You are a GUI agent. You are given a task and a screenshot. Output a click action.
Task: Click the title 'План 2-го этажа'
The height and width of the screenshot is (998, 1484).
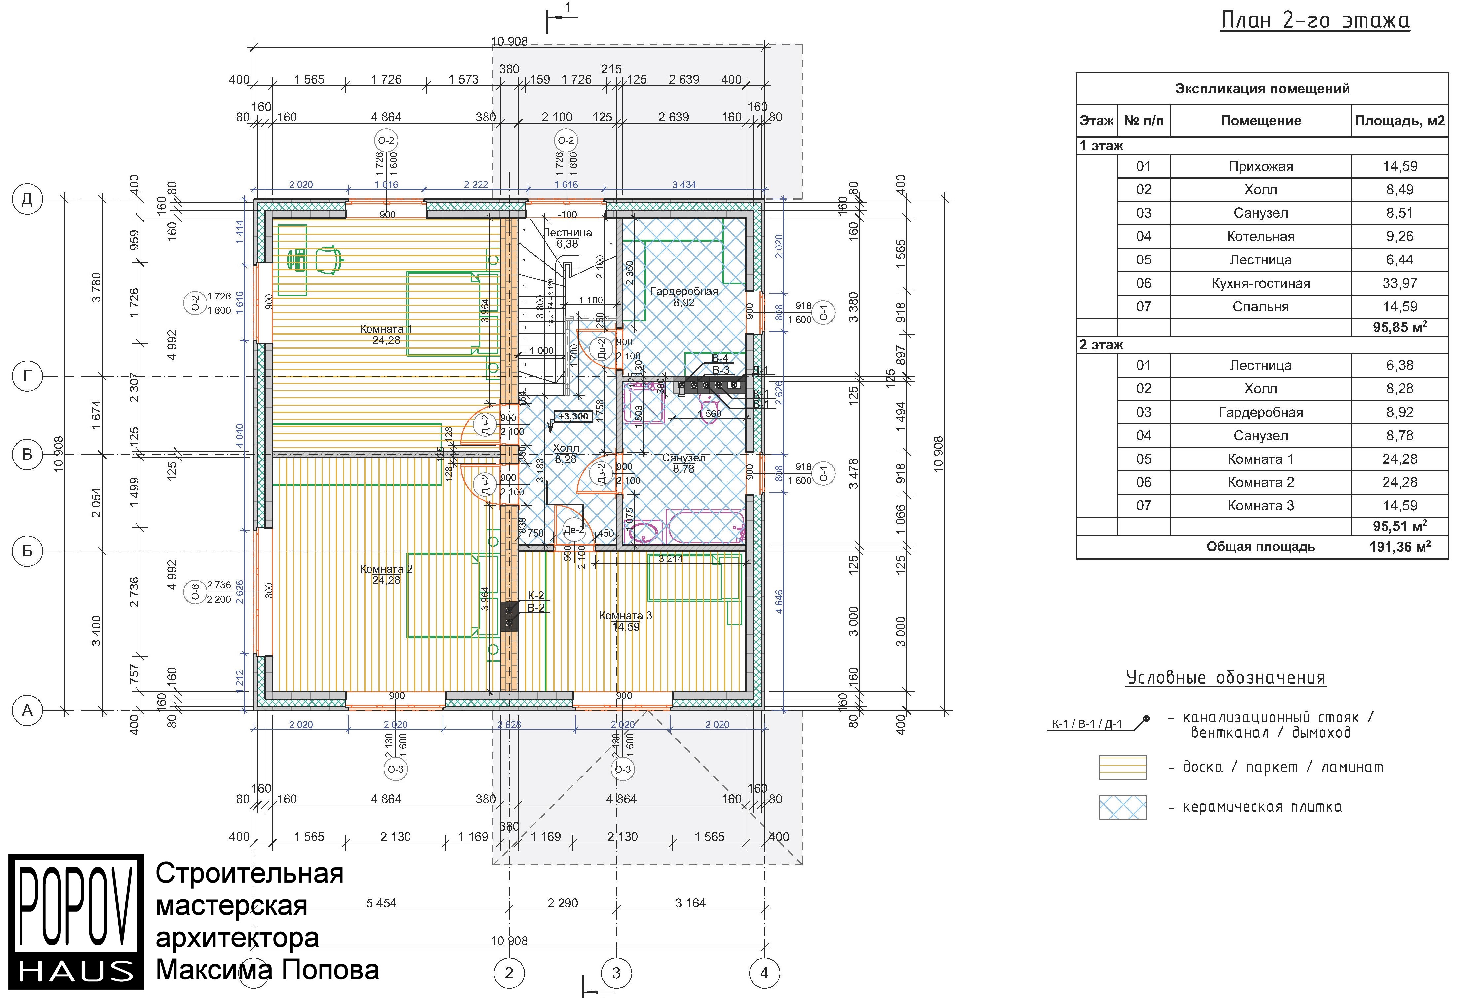coord(1315,21)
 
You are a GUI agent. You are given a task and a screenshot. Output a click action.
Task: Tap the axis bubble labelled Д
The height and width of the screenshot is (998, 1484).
coord(27,199)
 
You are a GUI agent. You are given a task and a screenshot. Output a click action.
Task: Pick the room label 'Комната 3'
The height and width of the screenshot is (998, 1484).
coord(626,616)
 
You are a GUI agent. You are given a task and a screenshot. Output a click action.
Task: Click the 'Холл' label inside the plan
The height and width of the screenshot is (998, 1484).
coord(566,448)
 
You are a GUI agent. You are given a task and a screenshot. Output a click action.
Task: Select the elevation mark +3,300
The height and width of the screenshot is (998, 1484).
coord(573,416)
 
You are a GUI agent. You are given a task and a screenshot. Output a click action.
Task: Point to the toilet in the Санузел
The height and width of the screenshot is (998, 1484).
coord(708,405)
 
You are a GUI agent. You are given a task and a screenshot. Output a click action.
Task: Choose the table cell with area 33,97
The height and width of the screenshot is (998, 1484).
coord(1399,283)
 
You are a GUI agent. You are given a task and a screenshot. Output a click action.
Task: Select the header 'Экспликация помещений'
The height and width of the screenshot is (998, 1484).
coord(1262,89)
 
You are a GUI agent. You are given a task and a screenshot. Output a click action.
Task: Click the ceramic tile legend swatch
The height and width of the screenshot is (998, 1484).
coord(1122,807)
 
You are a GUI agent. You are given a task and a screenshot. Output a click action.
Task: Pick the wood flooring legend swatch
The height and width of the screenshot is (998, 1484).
coord(1122,767)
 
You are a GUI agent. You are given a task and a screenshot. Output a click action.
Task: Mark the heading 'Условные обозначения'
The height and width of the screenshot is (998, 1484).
coord(1226,677)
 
